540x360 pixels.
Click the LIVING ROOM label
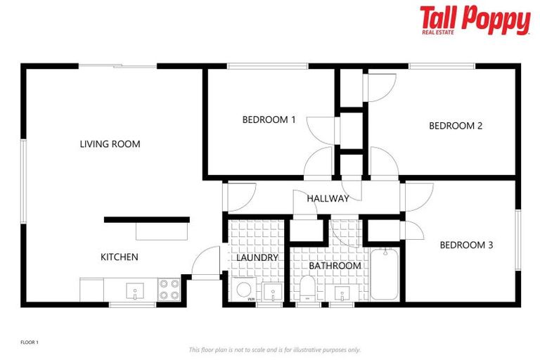tap(110, 144)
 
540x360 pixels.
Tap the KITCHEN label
tap(120, 257)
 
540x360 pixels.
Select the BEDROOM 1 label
tap(269, 120)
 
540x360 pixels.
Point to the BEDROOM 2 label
tap(456, 126)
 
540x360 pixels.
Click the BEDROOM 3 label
tap(466, 245)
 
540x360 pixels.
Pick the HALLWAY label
tap(328, 198)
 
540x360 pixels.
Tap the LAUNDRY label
tap(257, 258)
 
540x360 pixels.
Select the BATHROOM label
tap(335, 266)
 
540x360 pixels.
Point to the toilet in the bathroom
tap(307, 289)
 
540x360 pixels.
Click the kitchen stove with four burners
tap(169, 290)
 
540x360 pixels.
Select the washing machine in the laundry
tap(245, 291)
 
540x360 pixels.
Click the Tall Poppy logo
tap(475, 20)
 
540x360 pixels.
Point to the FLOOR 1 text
tap(29, 342)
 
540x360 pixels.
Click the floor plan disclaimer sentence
tap(274, 349)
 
